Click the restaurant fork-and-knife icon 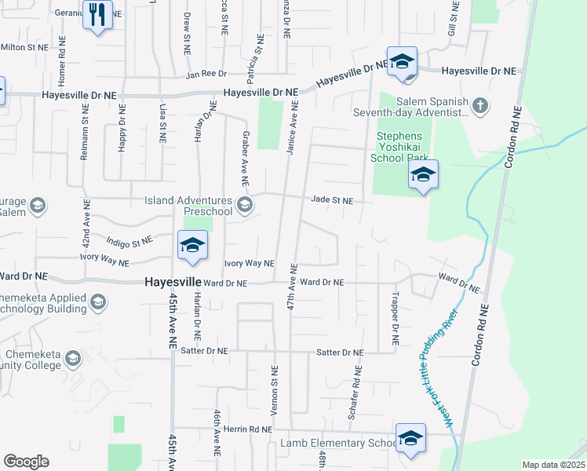point(97,16)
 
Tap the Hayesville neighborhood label point(172,282)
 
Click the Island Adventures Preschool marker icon point(244,206)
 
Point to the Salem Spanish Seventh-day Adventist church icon point(480,105)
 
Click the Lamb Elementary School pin point(410,440)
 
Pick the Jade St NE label point(332,200)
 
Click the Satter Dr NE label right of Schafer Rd point(340,353)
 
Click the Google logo point(26,462)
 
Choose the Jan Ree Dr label point(206,75)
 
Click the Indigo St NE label point(129,244)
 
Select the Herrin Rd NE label point(247,429)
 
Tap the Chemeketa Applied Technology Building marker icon point(99,302)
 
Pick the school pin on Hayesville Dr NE point(402,63)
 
